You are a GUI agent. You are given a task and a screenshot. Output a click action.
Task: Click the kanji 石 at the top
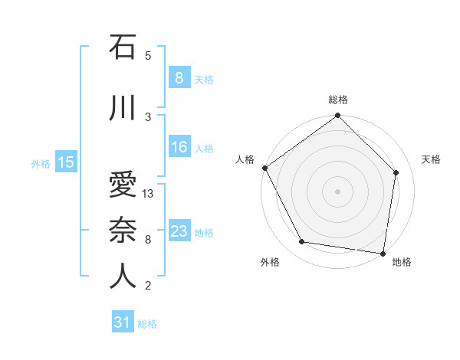click(x=122, y=47)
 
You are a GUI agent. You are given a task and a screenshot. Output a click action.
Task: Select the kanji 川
click(x=122, y=107)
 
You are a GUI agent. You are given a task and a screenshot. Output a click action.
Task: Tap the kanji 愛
click(x=122, y=185)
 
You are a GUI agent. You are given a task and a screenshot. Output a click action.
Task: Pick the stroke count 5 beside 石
click(x=148, y=56)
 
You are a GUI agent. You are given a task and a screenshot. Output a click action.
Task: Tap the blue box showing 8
click(x=179, y=78)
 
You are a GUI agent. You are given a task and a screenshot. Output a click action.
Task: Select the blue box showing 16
click(x=179, y=147)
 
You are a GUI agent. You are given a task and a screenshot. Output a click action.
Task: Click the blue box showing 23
click(x=179, y=231)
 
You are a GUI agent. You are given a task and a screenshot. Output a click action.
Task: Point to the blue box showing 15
click(x=65, y=162)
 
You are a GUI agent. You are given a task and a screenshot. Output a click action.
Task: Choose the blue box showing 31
click(x=123, y=322)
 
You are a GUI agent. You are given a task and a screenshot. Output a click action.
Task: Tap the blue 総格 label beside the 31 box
click(x=147, y=324)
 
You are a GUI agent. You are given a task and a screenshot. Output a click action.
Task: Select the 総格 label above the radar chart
click(x=338, y=100)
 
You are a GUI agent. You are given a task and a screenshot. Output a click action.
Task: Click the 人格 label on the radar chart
click(x=245, y=159)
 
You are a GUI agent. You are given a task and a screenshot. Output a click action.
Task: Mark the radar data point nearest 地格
click(x=383, y=253)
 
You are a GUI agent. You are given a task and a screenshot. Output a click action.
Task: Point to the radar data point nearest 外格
click(x=302, y=242)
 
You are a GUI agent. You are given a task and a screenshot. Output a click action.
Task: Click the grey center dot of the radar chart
click(x=338, y=191)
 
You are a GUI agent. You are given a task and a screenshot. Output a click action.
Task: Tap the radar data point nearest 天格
click(x=396, y=172)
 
